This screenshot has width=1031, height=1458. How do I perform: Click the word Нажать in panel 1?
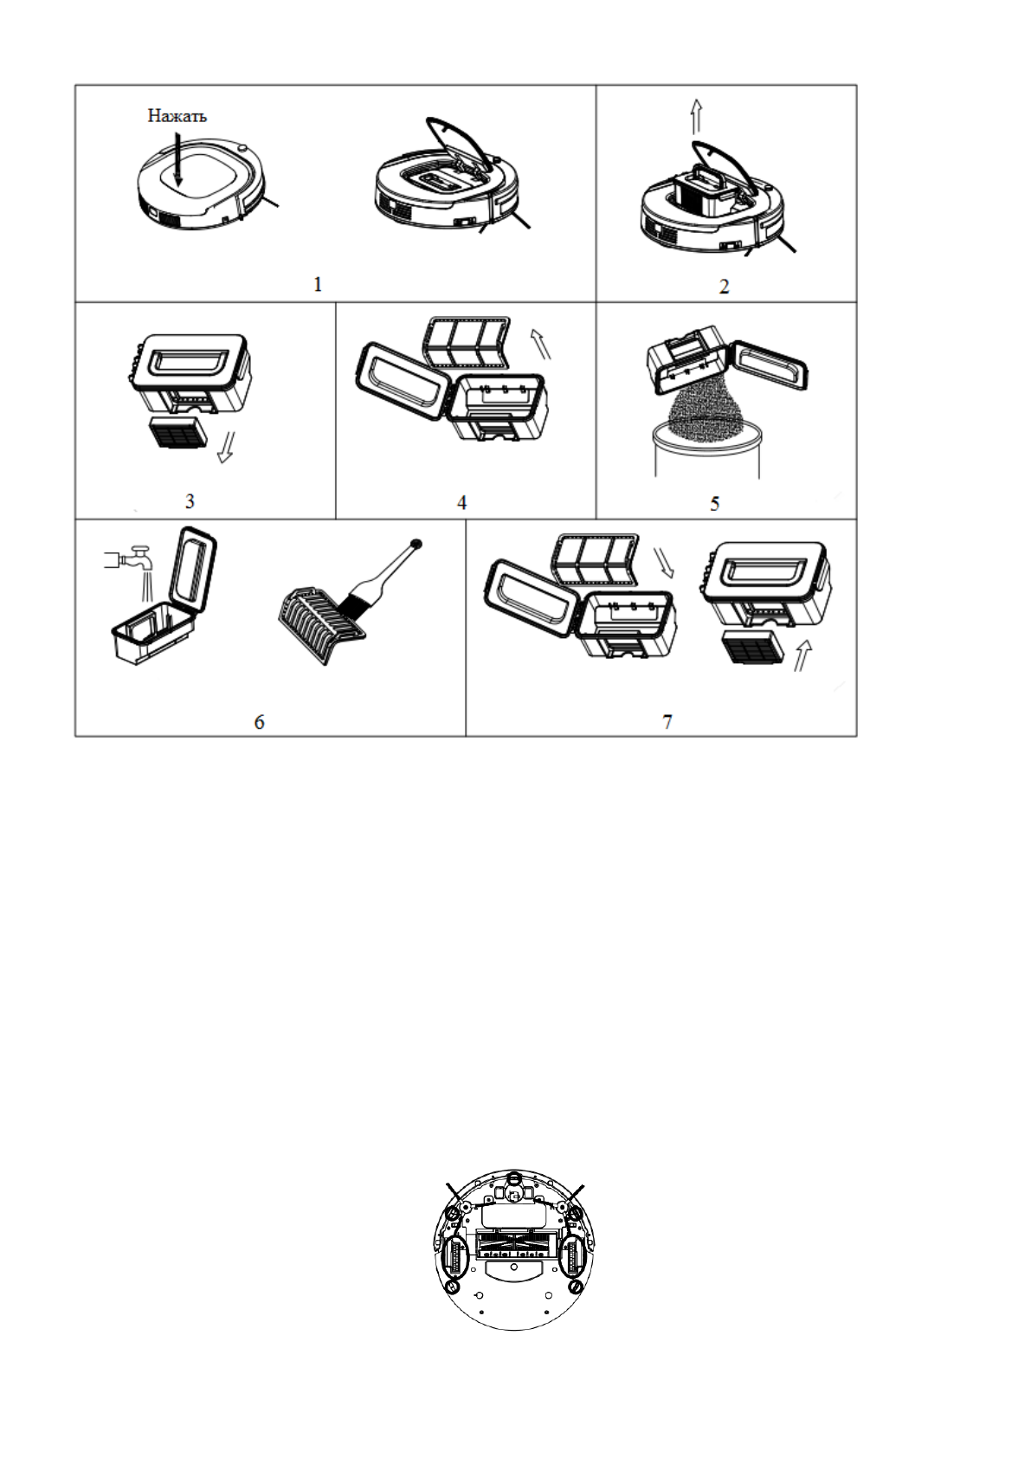point(177,116)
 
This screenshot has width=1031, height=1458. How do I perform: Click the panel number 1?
point(318,284)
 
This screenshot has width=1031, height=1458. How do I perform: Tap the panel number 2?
point(725,286)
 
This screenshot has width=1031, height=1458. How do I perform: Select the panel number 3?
point(190,500)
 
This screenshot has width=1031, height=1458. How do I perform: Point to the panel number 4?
point(462,502)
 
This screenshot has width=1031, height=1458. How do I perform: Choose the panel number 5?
point(715,503)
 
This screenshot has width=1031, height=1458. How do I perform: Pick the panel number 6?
point(259,721)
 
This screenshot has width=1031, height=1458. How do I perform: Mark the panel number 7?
point(667,721)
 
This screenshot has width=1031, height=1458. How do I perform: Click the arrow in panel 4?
point(541,343)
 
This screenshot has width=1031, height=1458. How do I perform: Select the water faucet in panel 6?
point(126,560)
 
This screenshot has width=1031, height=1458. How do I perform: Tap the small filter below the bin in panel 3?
point(177,433)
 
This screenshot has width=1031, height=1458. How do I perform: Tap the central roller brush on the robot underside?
point(514,1249)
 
